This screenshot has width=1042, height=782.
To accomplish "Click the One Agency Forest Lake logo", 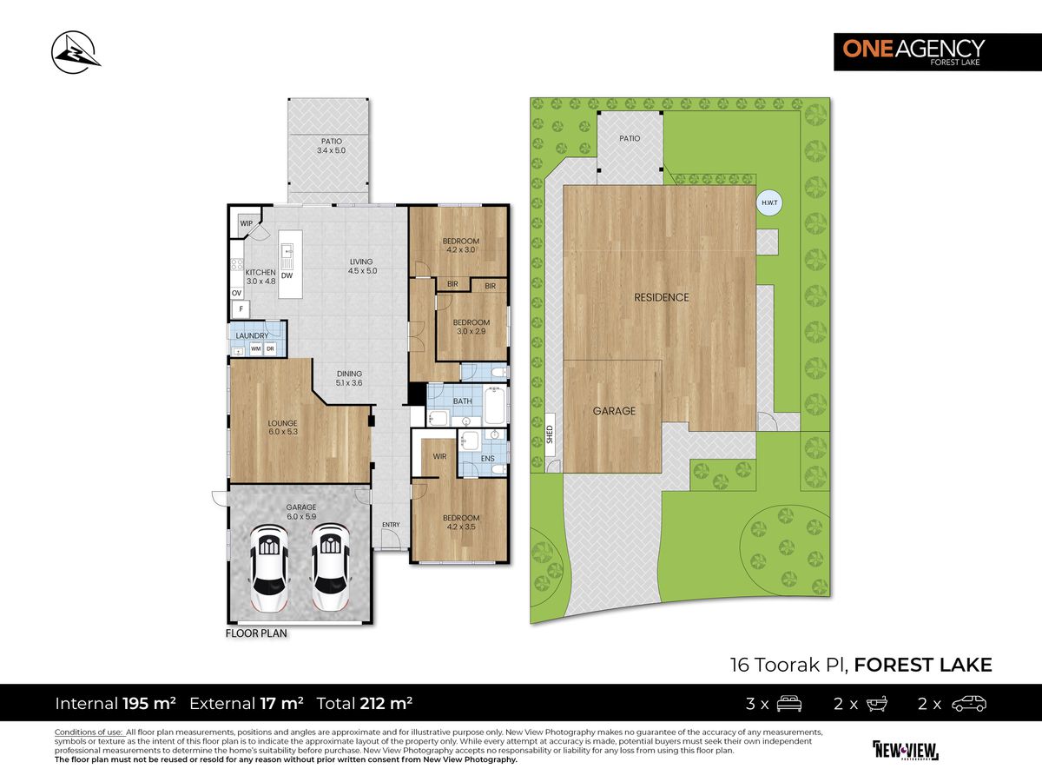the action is tap(938, 52).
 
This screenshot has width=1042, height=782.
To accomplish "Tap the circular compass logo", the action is tap(76, 52).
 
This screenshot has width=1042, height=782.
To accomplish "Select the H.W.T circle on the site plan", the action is tap(769, 202).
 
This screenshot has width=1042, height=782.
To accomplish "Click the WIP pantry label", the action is tap(246, 223).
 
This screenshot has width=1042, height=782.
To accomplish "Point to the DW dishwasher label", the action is tap(287, 275).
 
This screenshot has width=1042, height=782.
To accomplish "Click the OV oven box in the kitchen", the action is tap(236, 294).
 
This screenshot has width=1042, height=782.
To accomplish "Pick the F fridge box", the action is tap(241, 309).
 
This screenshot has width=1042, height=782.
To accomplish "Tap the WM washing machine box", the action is tap(256, 349).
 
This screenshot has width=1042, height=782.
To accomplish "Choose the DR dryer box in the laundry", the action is tap(270, 349).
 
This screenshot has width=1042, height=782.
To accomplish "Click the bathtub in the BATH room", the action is tap(494, 405).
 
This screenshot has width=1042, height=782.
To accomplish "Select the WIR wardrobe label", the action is tap(439, 456).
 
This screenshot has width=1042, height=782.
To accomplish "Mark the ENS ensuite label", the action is tap(487, 459).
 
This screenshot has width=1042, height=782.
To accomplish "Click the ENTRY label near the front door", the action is tap(391, 524).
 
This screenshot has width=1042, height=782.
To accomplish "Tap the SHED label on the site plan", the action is tap(550, 434).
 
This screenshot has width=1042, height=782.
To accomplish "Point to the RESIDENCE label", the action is tap(662, 298).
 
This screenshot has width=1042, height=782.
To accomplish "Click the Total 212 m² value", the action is tap(386, 703).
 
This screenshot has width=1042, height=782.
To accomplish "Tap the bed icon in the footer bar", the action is tap(789, 704).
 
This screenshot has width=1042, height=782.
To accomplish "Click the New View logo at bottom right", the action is tap(906, 751).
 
